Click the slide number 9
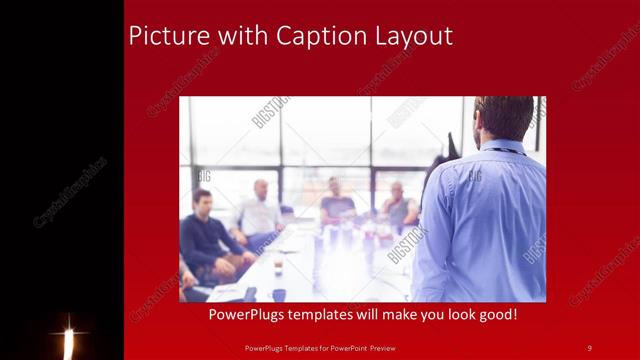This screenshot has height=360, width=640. tap(589, 347)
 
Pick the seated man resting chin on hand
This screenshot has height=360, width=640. tap(399, 207)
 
